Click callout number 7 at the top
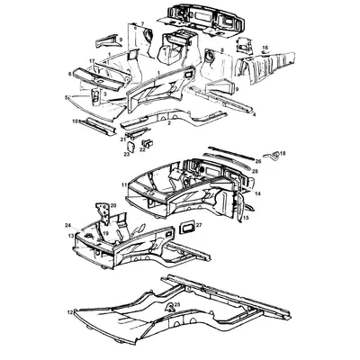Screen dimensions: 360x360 141,24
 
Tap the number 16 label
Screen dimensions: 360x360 265,47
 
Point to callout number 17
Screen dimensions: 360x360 92,60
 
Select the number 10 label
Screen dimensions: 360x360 75,121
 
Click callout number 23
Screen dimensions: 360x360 127,155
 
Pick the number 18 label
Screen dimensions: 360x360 283,155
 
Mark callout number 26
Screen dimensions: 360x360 257,161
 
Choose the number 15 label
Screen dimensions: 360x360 247,218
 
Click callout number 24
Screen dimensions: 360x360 68,225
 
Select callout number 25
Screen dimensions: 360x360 177,306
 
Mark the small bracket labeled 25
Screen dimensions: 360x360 170,309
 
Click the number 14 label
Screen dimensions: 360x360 258,193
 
